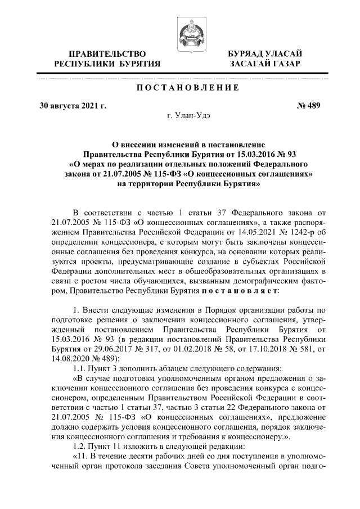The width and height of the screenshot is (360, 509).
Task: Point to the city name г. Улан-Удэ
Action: pyautogui.click(x=188, y=116)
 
